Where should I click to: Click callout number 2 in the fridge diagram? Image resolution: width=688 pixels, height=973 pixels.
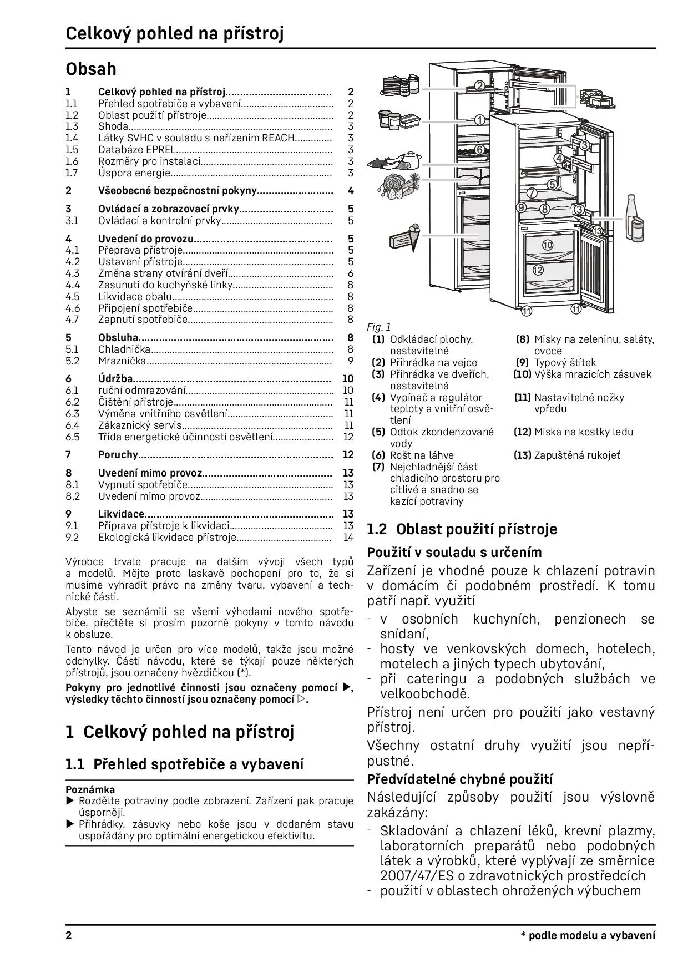[480, 85]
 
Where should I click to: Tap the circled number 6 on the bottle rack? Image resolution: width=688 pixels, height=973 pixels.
[479, 150]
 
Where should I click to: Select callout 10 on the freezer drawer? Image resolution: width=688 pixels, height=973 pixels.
[548, 245]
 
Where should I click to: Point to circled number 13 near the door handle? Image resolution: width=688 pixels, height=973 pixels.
[597, 230]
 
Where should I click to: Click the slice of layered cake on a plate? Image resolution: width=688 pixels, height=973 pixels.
[392, 85]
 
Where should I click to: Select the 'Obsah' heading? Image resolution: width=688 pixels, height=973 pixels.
[91, 69]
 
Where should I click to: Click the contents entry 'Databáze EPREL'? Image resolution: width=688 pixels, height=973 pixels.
[137, 150]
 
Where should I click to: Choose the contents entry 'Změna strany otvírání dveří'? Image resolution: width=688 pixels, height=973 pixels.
[163, 273]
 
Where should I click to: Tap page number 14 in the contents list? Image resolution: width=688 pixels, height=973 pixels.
[348, 537]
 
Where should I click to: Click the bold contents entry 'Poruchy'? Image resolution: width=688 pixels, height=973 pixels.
[118, 455]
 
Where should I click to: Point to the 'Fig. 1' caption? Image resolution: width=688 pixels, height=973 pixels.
[379, 327]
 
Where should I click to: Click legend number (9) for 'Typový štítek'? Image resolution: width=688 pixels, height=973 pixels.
[522, 363]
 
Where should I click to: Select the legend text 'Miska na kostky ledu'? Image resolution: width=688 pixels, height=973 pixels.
[583, 432]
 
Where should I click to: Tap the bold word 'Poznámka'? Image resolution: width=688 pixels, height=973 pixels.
[90, 789]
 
